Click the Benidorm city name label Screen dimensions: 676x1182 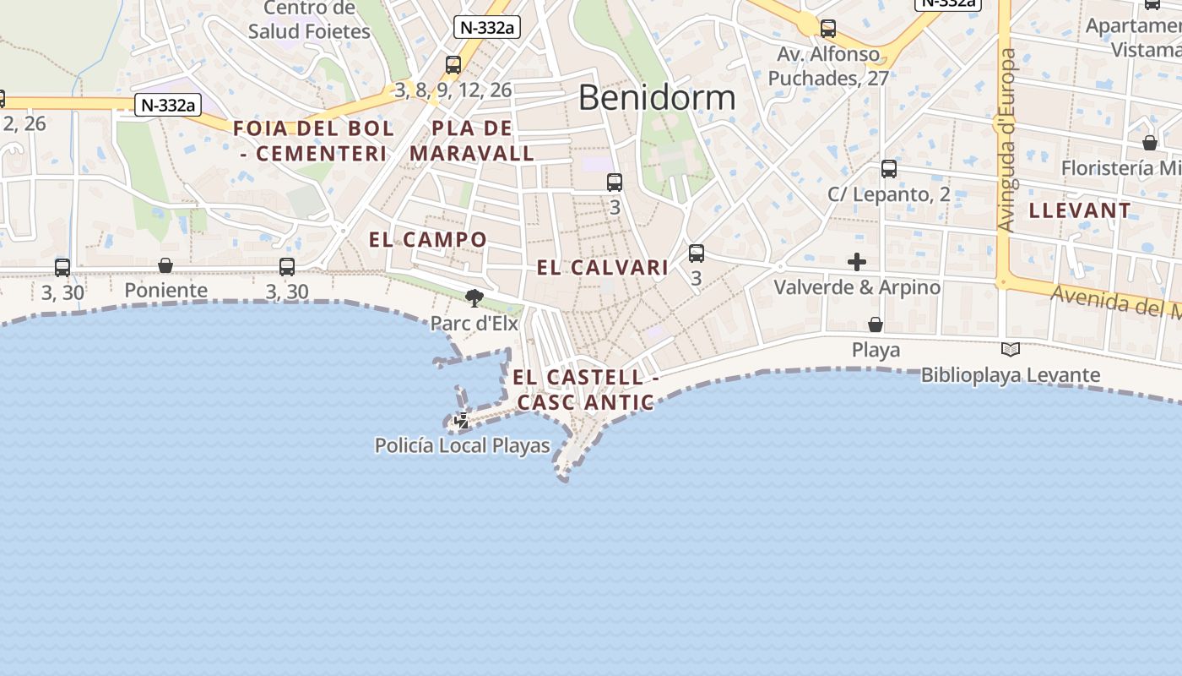(x=657, y=98)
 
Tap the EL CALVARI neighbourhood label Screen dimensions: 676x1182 (x=603, y=268)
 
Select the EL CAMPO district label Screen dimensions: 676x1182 (x=428, y=240)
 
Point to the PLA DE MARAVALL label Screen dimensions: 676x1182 (x=472, y=141)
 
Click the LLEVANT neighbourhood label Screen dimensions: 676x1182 (x=1080, y=211)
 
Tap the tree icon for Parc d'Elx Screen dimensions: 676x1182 (x=474, y=297)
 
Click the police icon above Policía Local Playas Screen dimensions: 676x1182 (x=462, y=420)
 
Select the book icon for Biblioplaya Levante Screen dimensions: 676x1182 (x=1010, y=349)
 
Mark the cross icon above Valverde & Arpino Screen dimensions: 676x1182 (x=857, y=262)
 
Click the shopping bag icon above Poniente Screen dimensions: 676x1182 (x=165, y=266)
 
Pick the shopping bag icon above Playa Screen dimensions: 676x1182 (x=876, y=324)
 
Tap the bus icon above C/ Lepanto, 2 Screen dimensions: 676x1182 (x=889, y=169)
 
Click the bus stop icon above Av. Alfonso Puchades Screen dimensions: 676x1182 (x=828, y=29)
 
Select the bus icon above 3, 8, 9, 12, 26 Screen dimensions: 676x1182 (x=453, y=65)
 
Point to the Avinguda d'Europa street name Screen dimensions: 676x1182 (x=1006, y=140)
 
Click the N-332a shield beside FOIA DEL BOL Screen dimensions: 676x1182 (x=169, y=105)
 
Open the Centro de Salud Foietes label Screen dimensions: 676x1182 (x=309, y=20)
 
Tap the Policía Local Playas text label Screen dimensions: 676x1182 (x=462, y=445)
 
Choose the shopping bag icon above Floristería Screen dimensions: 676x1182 (x=1150, y=143)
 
